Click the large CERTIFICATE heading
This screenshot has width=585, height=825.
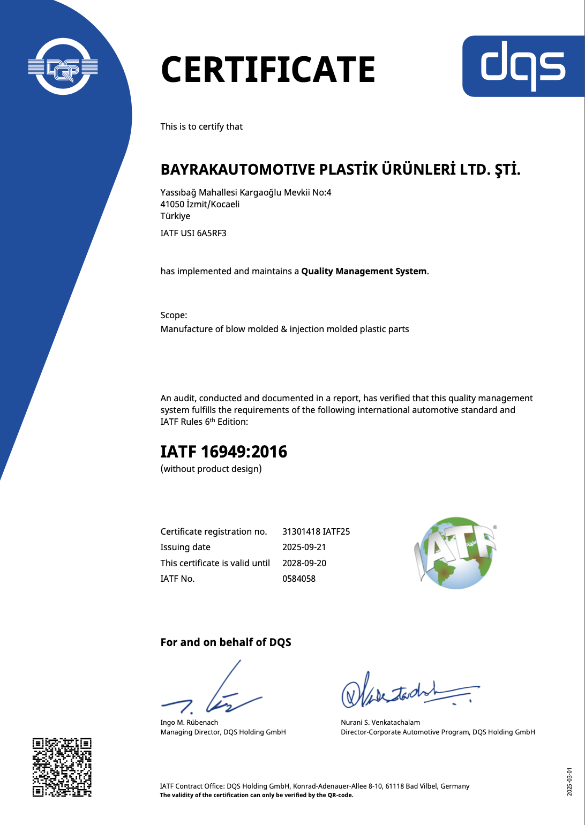point(268,70)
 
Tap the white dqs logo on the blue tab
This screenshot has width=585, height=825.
point(523,66)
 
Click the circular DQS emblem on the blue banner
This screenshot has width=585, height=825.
point(63,67)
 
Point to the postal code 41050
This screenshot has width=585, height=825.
point(172,204)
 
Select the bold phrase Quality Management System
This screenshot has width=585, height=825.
point(364,271)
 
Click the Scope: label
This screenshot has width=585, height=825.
point(174,315)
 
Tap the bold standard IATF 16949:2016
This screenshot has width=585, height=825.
point(224,452)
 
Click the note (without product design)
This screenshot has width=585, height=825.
point(211,469)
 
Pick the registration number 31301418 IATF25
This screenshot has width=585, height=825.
point(316,531)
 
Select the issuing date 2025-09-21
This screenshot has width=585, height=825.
point(304,547)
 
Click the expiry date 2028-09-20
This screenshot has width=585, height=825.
point(304,563)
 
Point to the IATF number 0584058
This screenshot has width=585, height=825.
point(299,579)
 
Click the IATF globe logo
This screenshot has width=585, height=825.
point(456,553)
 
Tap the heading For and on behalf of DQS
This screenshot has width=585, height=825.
point(226,642)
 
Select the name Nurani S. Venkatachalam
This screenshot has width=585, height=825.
point(380,722)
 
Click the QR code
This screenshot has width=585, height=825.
point(62,767)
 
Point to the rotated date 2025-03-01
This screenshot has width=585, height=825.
point(569,782)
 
